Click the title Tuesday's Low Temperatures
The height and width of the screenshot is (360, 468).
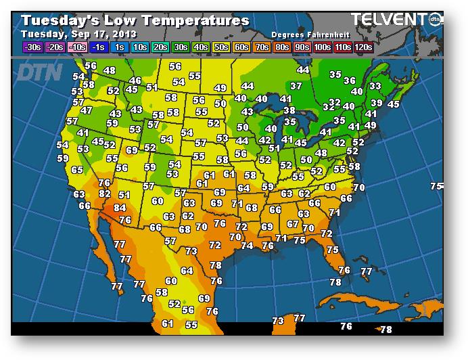(x=135, y=21)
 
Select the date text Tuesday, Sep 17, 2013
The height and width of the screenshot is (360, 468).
(x=79, y=34)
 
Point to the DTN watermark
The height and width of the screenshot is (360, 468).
(x=39, y=72)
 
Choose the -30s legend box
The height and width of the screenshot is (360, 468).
(x=32, y=47)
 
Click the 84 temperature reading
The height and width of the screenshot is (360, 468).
(x=120, y=208)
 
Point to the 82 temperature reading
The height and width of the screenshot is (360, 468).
(x=104, y=194)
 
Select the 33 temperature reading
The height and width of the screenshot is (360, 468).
(x=375, y=87)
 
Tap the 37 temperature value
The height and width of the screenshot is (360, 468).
(x=296, y=86)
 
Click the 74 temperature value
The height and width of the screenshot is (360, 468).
(x=247, y=246)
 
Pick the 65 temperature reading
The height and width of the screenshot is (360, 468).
(x=77, y=170)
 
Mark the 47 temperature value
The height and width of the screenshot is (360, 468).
(x=86, y=110)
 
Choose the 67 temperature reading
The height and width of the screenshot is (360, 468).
(x=293, y=224)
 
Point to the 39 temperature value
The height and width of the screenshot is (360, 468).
(x=377, y=103)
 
